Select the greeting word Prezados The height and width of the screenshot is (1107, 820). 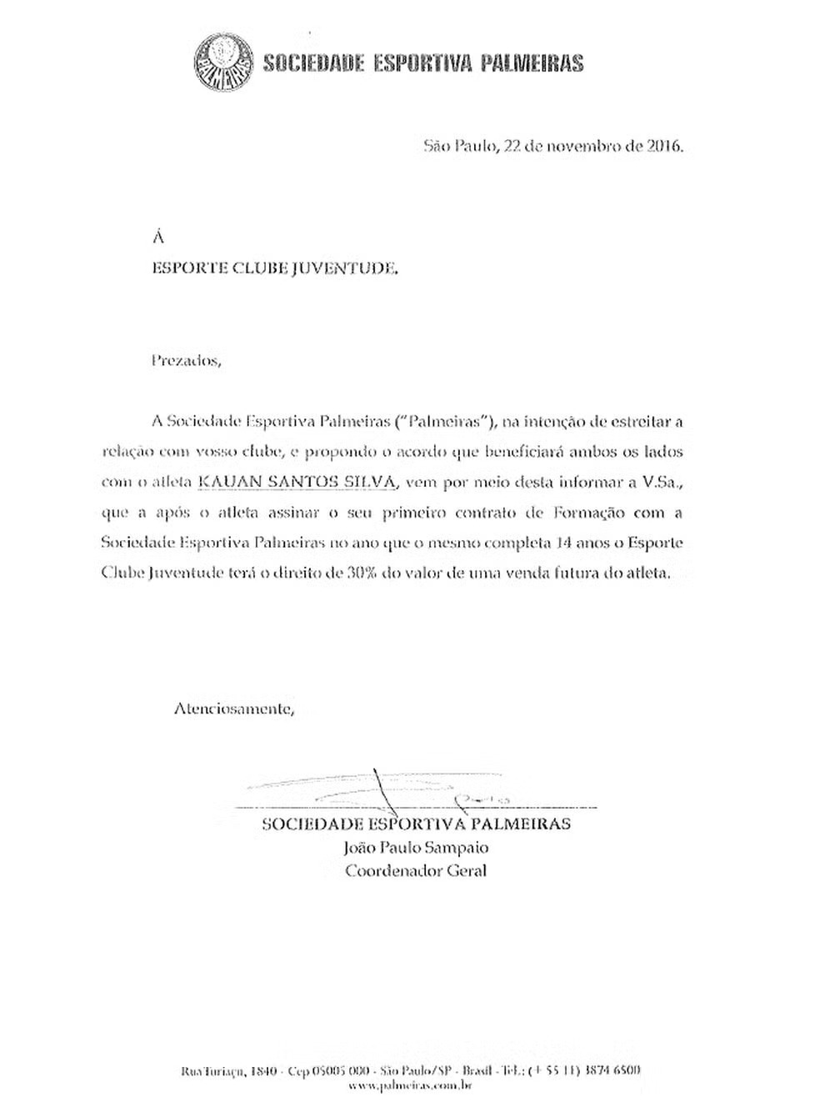click(187, 361)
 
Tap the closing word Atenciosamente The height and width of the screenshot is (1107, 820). click(234, 709)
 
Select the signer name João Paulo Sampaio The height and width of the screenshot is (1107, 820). click(416, 848)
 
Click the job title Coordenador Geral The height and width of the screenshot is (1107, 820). click(416, 871)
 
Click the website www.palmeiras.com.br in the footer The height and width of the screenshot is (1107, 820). click(411, 1085)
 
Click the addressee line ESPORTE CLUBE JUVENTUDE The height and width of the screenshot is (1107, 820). click(275, 268)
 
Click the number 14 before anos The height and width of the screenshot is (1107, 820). click(561, 543)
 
